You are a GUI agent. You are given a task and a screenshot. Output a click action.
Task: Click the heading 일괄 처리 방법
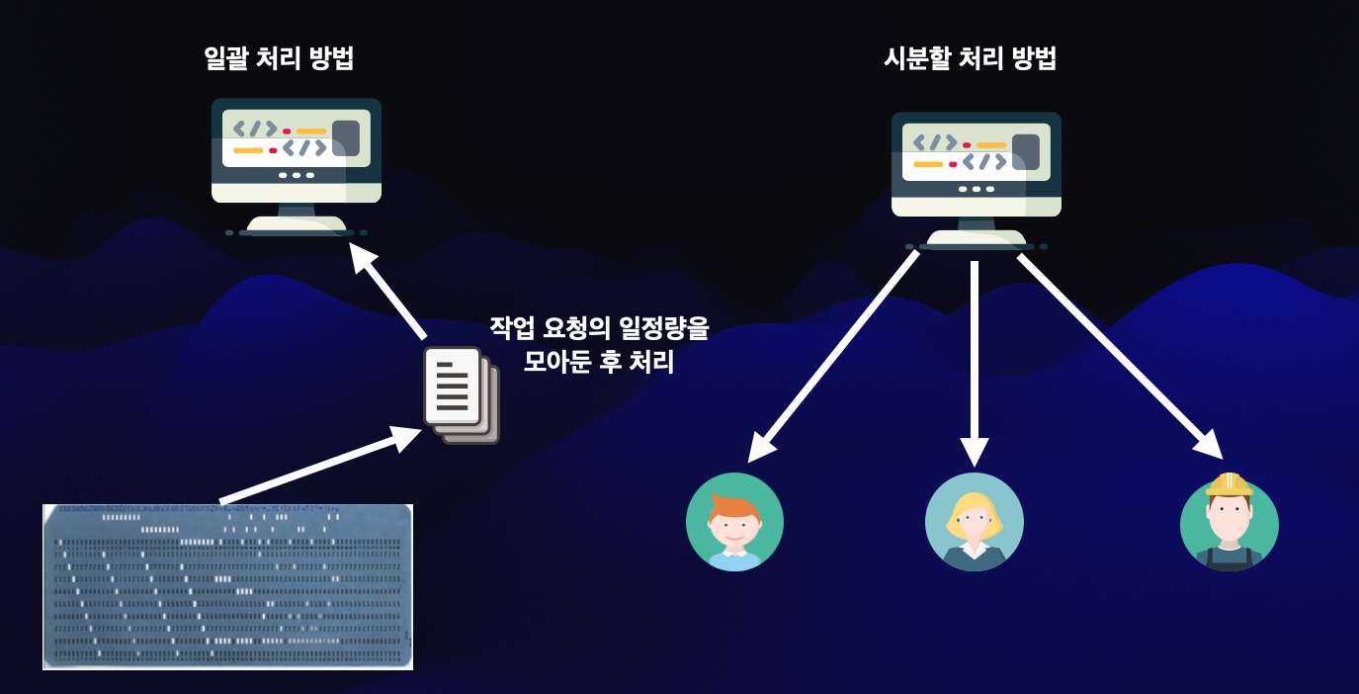tap(278, 58)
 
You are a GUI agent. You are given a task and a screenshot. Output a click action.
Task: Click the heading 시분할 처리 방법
tap(970, 58)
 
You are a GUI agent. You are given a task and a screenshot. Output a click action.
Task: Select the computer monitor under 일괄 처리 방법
tap(297, 163)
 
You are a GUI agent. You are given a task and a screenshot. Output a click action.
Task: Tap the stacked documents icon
tap(461, 393)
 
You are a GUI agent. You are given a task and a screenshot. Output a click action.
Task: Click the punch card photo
tap(227, 586)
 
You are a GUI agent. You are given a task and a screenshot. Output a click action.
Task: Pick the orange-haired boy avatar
tap(734, 522)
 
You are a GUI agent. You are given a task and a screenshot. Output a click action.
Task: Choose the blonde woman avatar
tap(974, 522)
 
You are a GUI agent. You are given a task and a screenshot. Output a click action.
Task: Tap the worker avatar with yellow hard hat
tap(1229, 524)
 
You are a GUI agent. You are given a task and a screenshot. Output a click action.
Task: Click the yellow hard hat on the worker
tap(1229, 484)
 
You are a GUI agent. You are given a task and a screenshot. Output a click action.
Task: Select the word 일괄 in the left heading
tap(224, 58)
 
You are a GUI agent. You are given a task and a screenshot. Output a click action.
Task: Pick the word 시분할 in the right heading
tap(916, 58)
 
